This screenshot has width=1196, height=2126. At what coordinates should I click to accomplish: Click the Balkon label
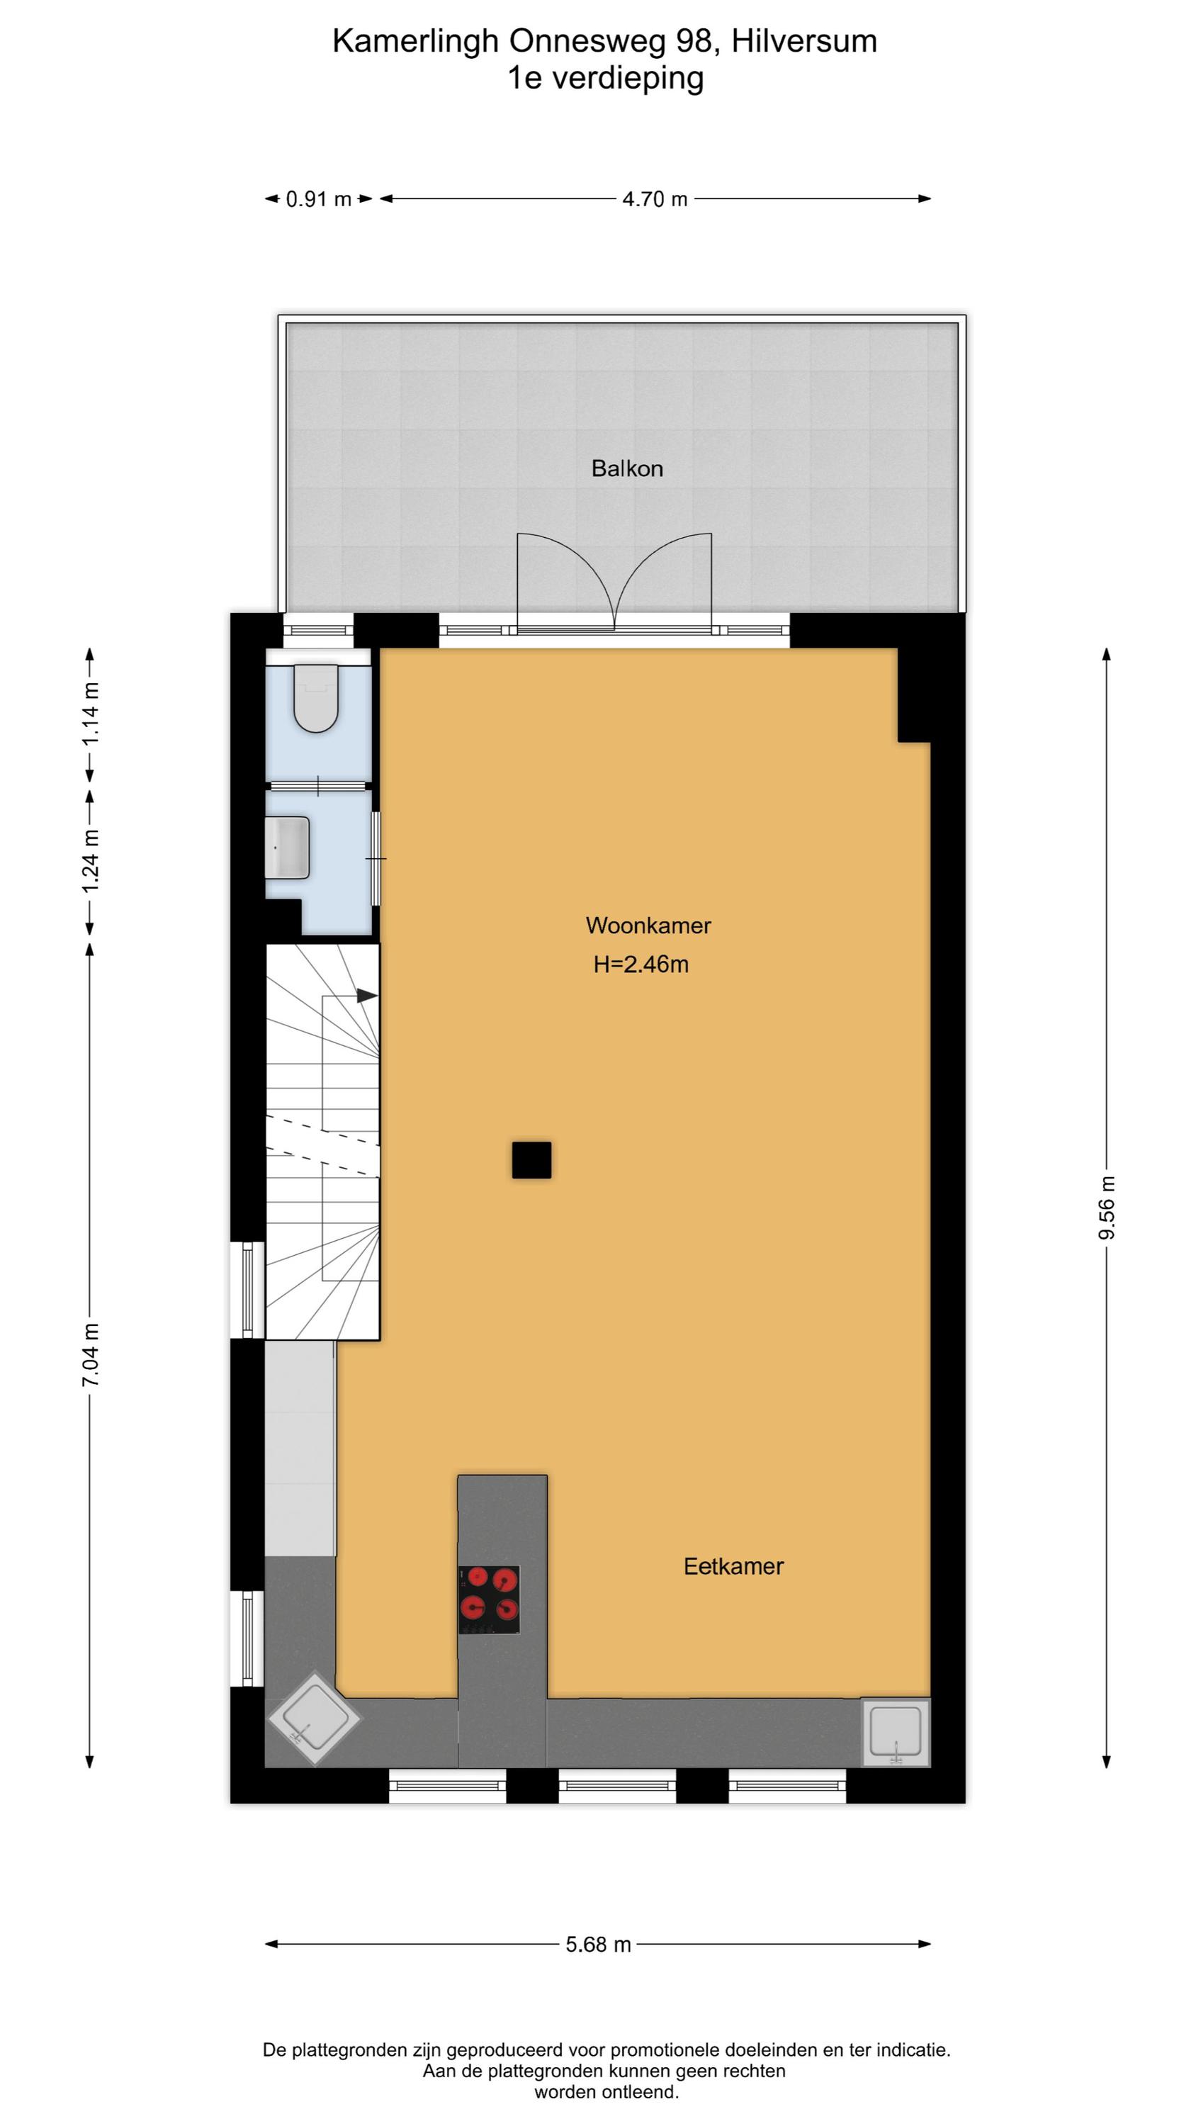(x=626, y=468)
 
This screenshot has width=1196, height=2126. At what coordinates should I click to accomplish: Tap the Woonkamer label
(x=648, y=926)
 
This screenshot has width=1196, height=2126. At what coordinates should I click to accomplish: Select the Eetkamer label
(x=733, y=1566)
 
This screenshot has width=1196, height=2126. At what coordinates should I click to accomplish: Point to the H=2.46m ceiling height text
(x=641, y=964)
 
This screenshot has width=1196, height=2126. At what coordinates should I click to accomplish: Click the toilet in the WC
(x=316, y=698)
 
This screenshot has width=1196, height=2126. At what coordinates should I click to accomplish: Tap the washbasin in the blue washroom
(x=287, y=848)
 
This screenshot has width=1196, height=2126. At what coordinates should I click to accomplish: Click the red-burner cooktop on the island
(x=490, y=1599)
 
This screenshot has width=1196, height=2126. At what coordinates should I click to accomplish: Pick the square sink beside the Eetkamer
(x=896, y=1732)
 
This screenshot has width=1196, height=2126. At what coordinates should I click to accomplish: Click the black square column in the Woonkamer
(x=531, y=1160)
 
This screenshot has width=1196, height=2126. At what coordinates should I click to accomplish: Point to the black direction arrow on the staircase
(x=366, y=996)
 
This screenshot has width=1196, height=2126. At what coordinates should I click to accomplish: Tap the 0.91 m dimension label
(x=319, y=199)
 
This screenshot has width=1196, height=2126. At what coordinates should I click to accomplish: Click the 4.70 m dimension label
(x=655, y=199)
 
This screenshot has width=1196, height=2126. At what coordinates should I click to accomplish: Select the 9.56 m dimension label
(x=1107, y=1208)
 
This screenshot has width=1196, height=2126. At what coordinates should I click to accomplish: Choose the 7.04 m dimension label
(x=91, y=1354)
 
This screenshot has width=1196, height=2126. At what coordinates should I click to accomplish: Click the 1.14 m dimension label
(x=91, y=714)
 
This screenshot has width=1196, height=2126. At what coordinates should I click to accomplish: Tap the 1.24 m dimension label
(x=91, y=860)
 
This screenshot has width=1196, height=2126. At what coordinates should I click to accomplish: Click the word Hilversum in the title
(x=804, y=41)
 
